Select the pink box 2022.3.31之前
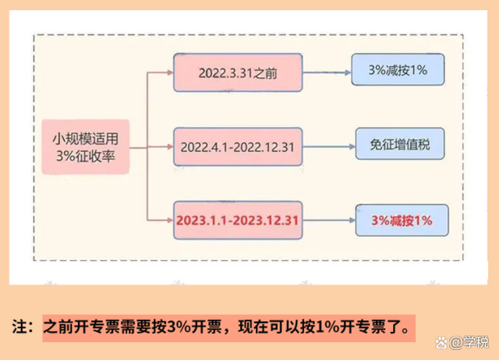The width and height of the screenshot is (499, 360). pos(235,75)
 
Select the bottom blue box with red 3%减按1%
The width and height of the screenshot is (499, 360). pos(398,221)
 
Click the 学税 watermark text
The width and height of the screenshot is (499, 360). pos(474,343)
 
